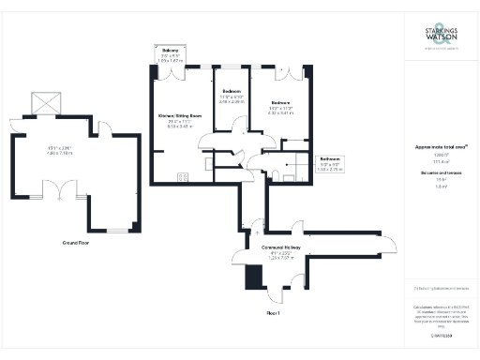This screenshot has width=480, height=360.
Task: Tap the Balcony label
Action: point(170,50)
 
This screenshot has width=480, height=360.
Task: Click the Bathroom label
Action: point(329,158)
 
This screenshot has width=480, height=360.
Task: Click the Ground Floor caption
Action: point(82,242)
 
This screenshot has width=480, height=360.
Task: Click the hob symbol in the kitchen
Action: point(183,175)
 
